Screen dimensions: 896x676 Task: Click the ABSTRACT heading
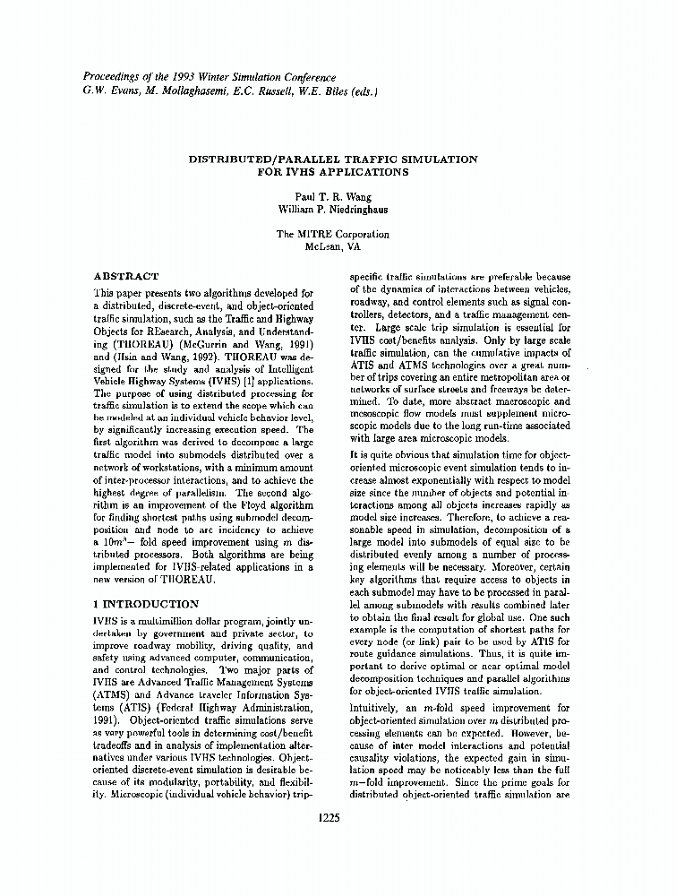click(x=126, y=277)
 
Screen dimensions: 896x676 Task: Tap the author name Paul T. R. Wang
click(x=332, y=196)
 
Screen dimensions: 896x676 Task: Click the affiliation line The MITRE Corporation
click(x=332, y=235)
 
